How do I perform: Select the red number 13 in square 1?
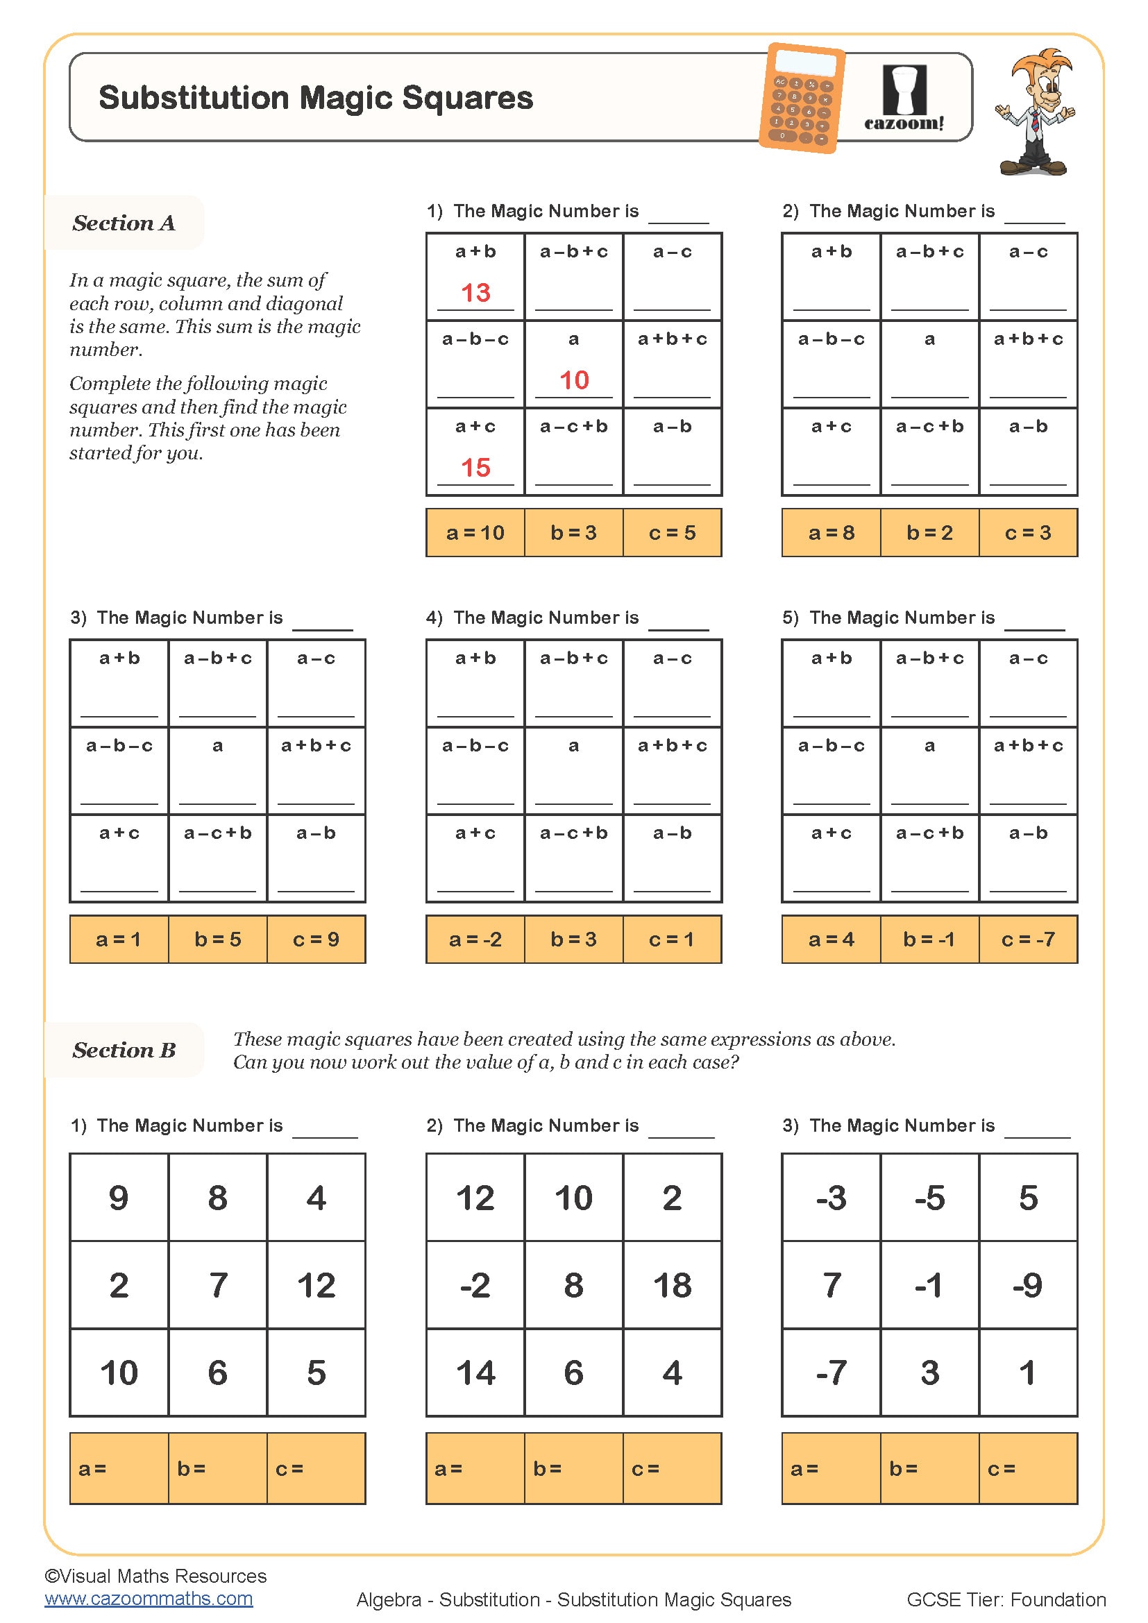475,293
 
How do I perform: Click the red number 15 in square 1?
475,467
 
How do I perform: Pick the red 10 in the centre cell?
573,380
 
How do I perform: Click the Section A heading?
124,223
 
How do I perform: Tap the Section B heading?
124,1051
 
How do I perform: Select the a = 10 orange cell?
475,533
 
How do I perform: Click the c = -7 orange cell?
1028,940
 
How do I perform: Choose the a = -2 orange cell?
475,940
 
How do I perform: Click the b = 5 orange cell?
218,940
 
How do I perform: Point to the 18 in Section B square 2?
672,1285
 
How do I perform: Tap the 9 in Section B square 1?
119,1198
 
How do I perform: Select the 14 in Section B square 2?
475,1373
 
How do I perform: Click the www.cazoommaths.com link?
149,1598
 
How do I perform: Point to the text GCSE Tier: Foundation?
1005,1599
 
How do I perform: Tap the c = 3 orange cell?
1028,533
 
